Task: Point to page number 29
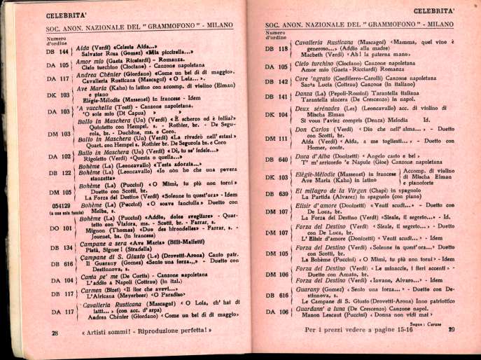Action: pos(452,330)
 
